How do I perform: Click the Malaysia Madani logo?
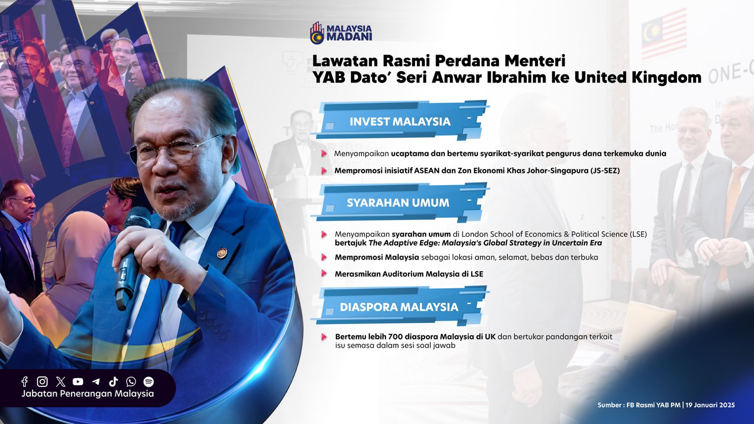(x=341, y=33)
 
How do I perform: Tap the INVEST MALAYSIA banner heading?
(x=400, y=122)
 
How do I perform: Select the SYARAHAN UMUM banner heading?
(x=398, y=203)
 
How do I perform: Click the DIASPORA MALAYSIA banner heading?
(x=399, y=307)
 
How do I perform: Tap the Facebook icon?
(x=25, y=381)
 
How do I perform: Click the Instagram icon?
(x=42, y=381)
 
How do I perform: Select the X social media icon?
(x=61, y=381)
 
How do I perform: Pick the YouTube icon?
(x=78, y=382)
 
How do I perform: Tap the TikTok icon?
(x=114, y=381)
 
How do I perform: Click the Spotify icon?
(x=148, y=381)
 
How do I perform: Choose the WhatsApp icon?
(x=131, y=381)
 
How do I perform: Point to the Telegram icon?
(x=96, y=382)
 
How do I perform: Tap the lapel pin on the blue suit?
(x=221, y=253)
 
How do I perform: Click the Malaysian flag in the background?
(x=664, y=33)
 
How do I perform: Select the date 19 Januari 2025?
(x=710, y=405)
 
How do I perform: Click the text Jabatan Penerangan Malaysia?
(x=88, y=393)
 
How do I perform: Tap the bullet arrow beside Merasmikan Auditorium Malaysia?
(x=324, y=273)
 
